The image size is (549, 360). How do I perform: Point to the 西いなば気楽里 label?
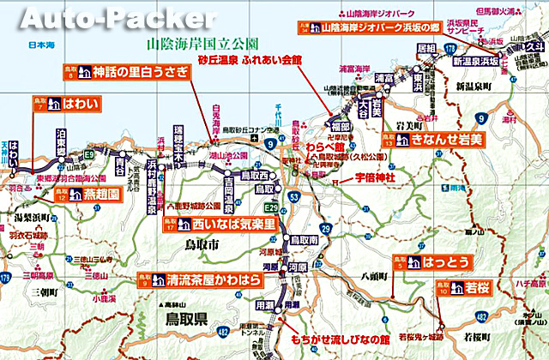coord(217,225)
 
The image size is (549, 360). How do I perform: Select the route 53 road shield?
coord(294,197)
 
